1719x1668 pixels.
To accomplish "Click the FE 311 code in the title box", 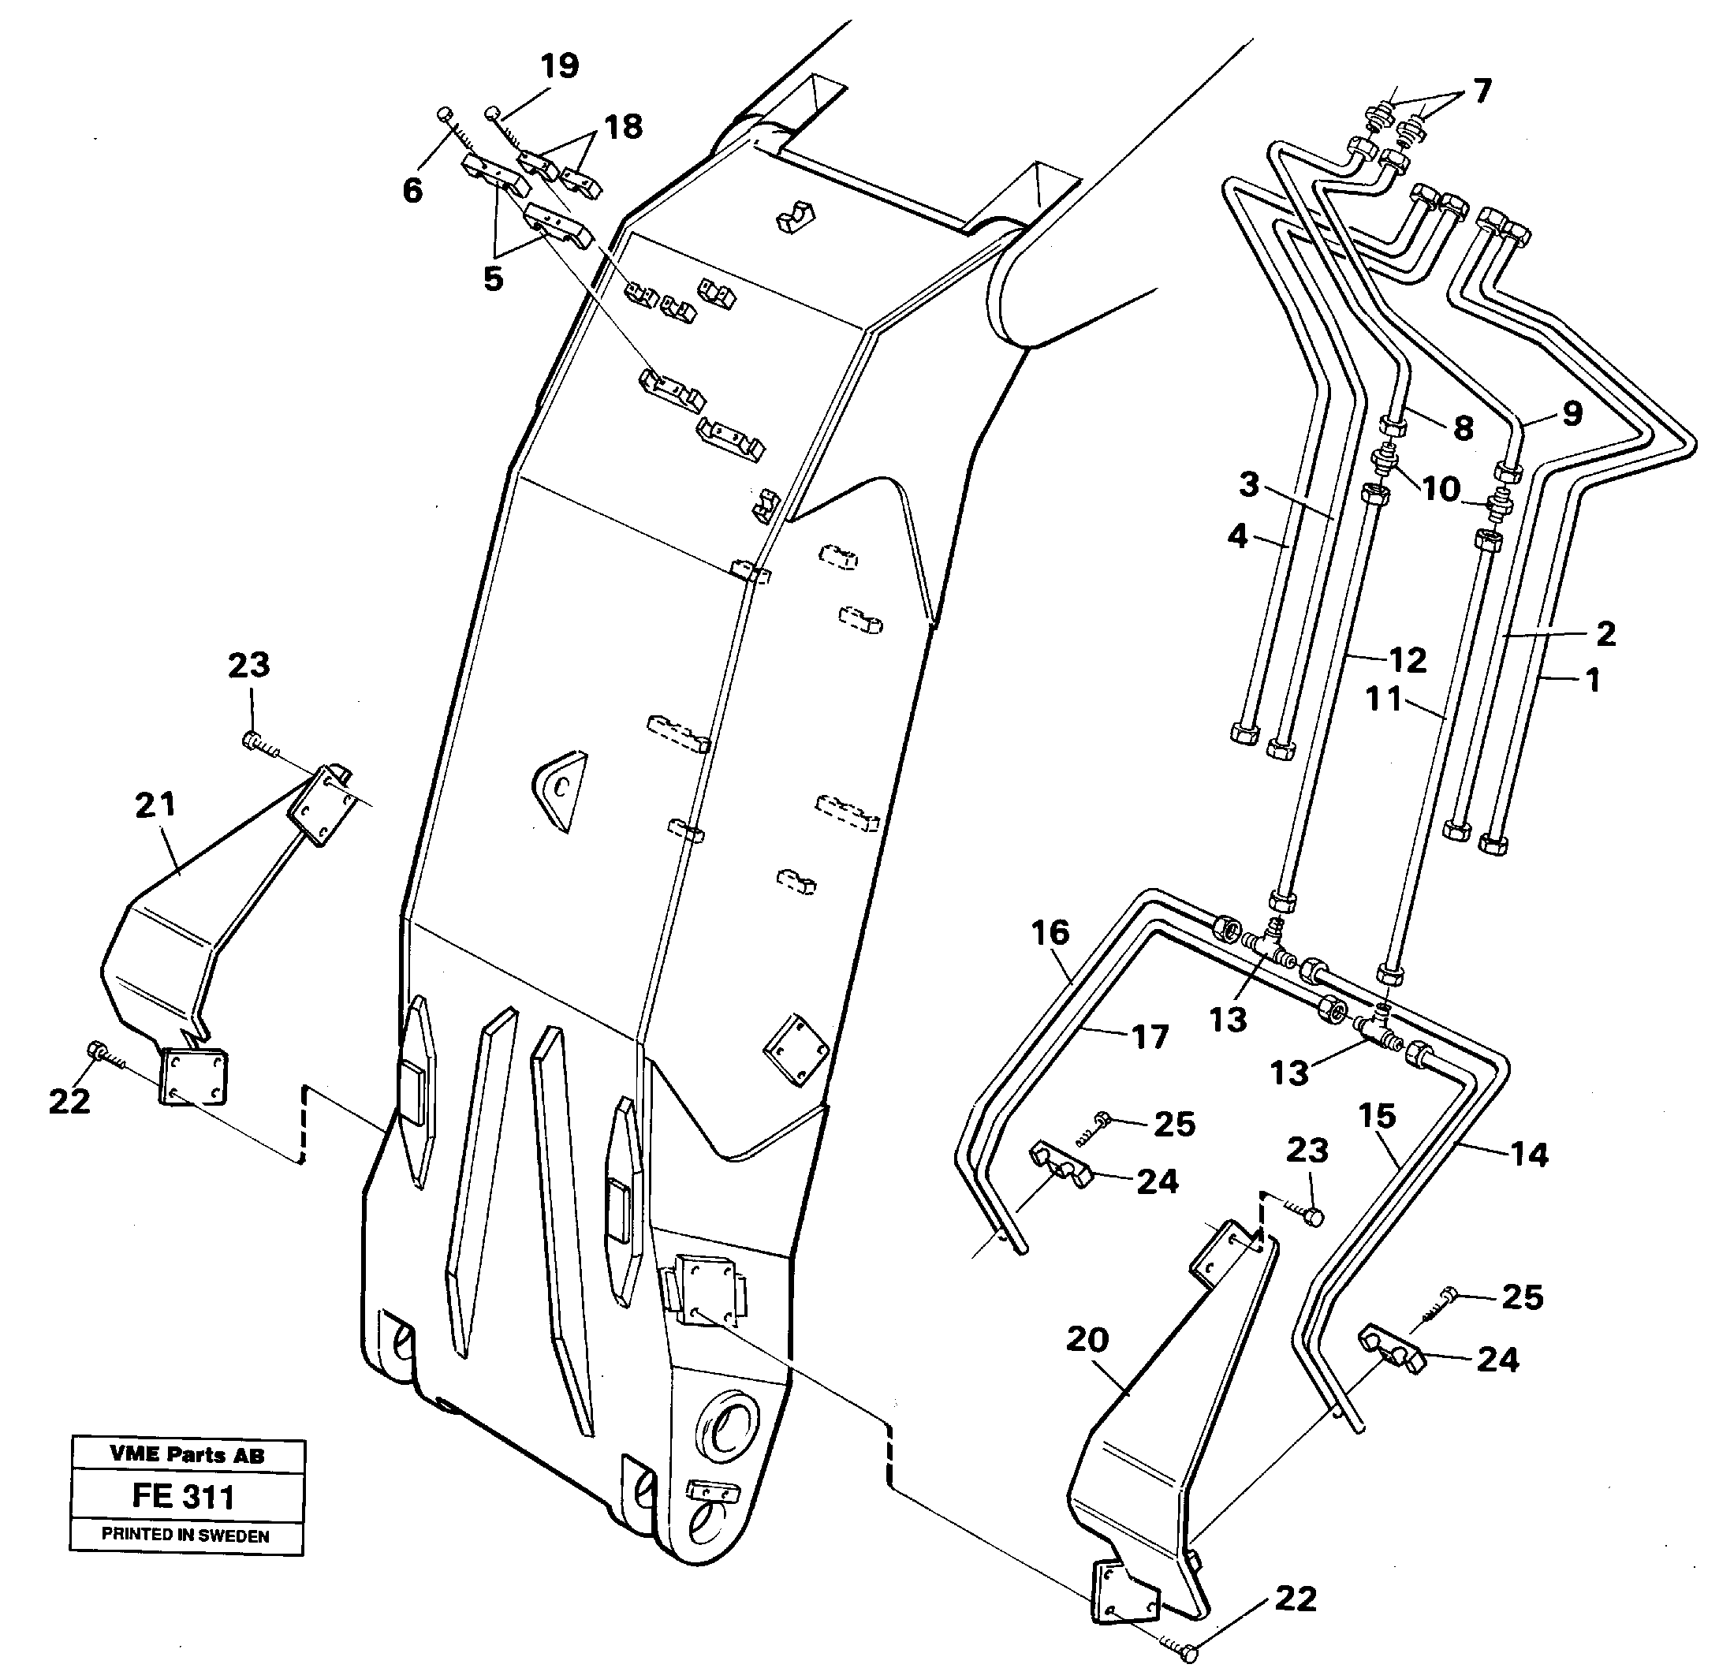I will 183,1495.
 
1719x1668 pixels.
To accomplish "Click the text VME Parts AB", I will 187,1454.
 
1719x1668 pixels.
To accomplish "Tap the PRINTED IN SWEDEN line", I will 186,1535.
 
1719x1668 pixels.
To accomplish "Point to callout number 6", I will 412,189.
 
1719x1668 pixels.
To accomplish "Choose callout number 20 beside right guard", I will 1087,1339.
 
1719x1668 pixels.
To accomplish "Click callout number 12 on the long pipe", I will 1408,659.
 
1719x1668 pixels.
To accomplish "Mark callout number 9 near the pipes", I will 1572,413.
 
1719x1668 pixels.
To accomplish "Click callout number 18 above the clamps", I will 624,126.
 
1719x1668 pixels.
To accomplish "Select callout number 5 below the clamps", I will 493,279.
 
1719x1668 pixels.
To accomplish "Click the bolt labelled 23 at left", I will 252,742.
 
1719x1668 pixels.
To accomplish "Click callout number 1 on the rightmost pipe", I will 1593,680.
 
